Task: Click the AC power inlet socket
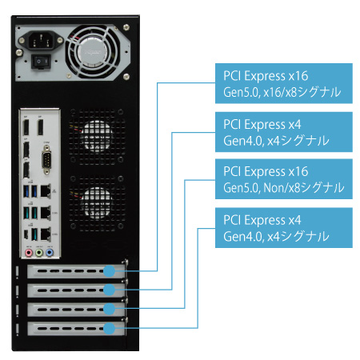click(41, 41)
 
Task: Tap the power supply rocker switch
click(41, 62)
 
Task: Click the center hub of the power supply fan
click(93, 52)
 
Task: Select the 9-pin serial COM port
click(46, 160)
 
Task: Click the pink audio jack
click(29, 253)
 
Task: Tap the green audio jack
click(39, 253)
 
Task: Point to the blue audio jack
click(50, 253)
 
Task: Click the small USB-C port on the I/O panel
click(26, 234)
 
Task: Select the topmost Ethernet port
click(46, 191)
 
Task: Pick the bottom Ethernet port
click(46, 234)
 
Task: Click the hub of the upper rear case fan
click(97, 137)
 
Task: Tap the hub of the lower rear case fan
click(97, 203)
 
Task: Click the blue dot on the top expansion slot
click(110, 271)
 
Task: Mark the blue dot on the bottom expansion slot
click(110, 328)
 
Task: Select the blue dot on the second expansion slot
click(110, 290)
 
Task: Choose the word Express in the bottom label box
click(265, 220)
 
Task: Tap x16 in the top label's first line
click(298, 76)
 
